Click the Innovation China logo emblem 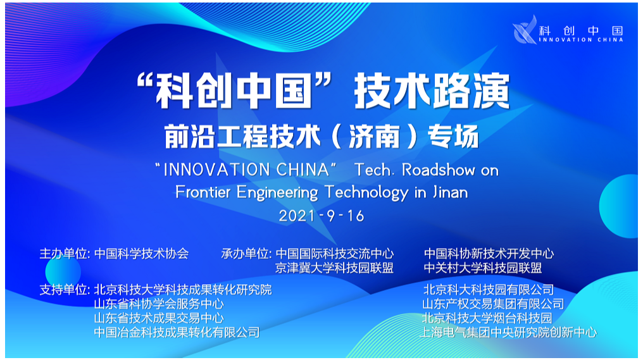click(525, 30)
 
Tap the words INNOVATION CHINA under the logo click(581, 40)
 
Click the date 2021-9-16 click(321, 216)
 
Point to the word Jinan click(450, 192)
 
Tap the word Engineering click(277, 193)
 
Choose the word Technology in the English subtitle click(366, 193)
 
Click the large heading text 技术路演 click(432, 91)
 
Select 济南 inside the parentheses click(374, 136)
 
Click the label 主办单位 click(63, 254)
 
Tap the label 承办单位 click(244, 254)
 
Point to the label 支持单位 click(63, 290)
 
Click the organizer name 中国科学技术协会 click(142, 254)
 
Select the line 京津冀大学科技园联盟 click(334, 268)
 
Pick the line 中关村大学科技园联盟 click(483, 268)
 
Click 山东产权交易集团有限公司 click(493, 304)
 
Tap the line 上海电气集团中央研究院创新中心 click(508, 332)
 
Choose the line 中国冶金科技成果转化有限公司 click(177, 332)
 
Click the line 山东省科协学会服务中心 click(159, 304)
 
